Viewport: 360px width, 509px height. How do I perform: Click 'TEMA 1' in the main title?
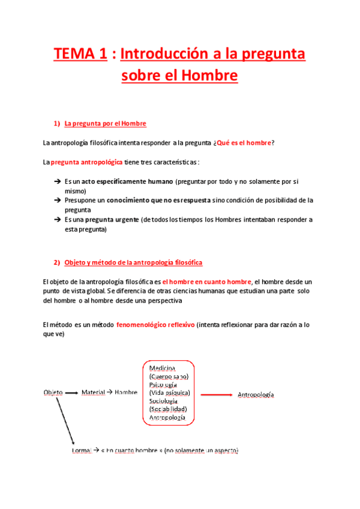point(80,55)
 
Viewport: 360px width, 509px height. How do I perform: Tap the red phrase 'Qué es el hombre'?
point(244,142)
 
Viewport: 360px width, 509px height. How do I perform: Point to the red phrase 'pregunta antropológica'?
point(87,162)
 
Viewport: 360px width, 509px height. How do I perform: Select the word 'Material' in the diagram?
point(93,393)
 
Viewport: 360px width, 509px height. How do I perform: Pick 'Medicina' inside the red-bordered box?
point(162,367)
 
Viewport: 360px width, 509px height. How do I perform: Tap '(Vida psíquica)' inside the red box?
point(169,393)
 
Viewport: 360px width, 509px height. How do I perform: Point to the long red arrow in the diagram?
point(216,394)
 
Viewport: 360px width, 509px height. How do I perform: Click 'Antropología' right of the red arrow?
point(256,394)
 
